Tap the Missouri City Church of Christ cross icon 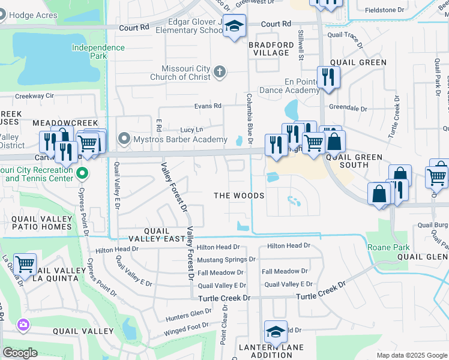click(x=220, y=73)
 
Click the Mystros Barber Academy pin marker click(x=125, y=139)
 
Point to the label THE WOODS click(x=240, y=196)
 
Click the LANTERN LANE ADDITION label click(x=271, y=352)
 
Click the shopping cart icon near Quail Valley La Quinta click(x=25, y=264)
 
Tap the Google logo click(x=20, y=353)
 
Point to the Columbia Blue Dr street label click(x=249, y=114)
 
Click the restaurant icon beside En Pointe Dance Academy click(x=328, y=77)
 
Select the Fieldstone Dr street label click(x=384, y=10)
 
